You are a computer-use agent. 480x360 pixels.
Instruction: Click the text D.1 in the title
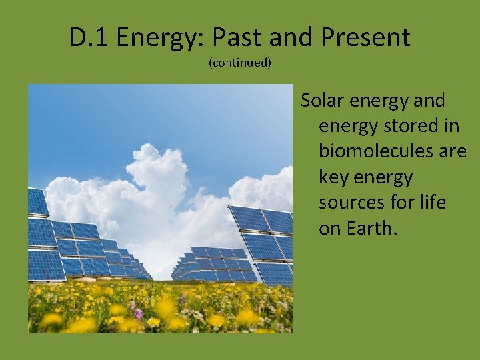[89, 38]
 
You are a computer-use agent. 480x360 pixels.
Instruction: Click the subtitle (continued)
[240, 63]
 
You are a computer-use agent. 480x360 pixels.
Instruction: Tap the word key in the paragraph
[333, 178]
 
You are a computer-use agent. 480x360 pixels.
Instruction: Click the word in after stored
[451, 126]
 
